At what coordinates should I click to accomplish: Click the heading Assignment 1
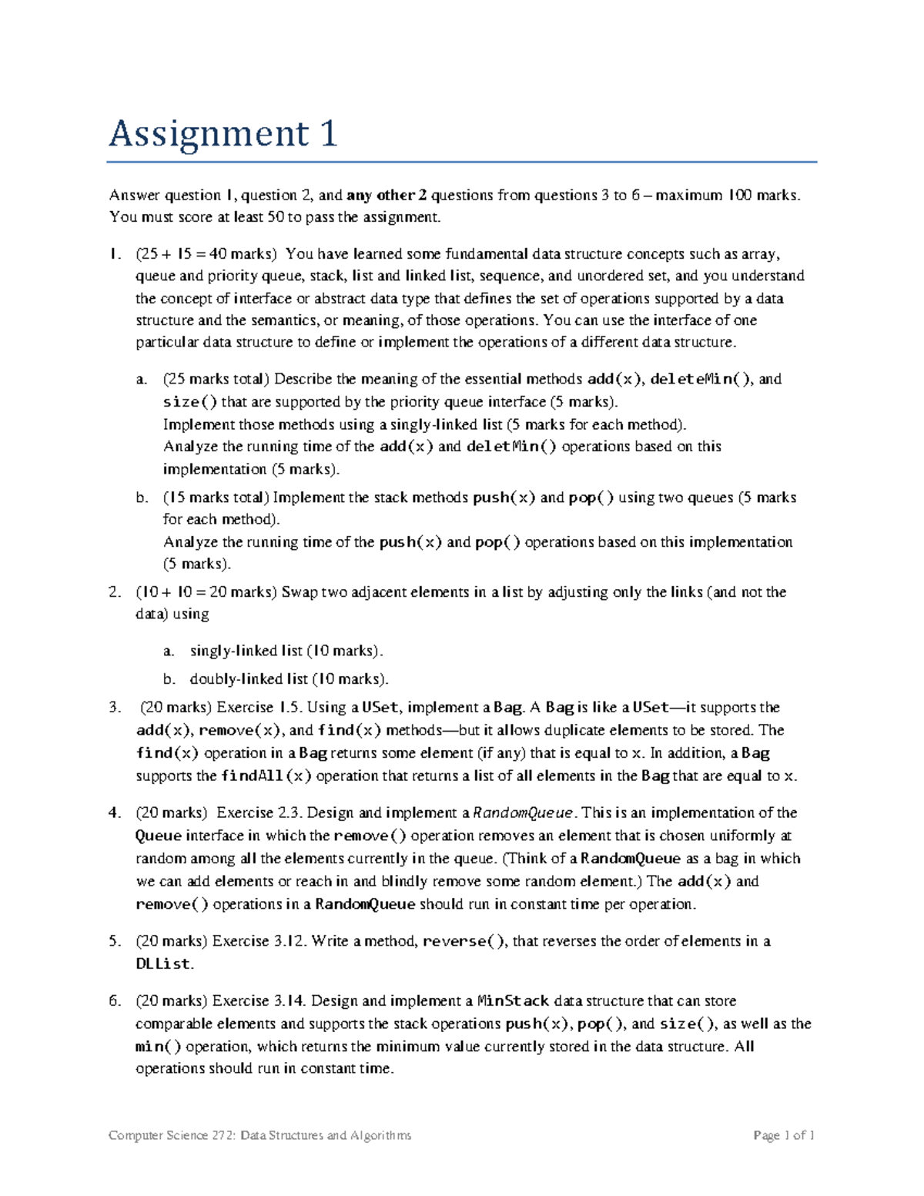tap(223, 134)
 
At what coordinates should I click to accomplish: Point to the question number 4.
tap(114, 812)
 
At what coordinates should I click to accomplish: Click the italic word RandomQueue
tap(523, 812)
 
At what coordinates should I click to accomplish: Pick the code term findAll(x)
tap(266, 776)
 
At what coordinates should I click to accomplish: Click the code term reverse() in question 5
tap(465, 941)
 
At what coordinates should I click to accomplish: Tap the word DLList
tap(162, 963)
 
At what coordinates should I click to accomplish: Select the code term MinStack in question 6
tap(514, 1001)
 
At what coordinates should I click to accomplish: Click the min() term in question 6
tap(158, 1047)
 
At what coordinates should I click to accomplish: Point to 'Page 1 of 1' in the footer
tap(784, 1135)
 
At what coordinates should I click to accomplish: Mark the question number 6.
tap(114, 1001)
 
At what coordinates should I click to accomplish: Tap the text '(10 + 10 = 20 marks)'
tap(206, 592)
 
